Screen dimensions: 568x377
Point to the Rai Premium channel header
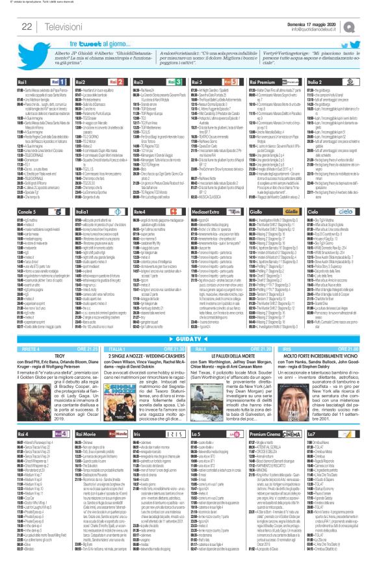pyautogui.click(x=267, y=82)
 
